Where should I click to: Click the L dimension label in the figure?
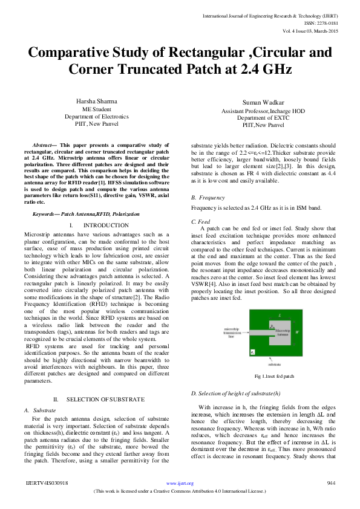(279, 315)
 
